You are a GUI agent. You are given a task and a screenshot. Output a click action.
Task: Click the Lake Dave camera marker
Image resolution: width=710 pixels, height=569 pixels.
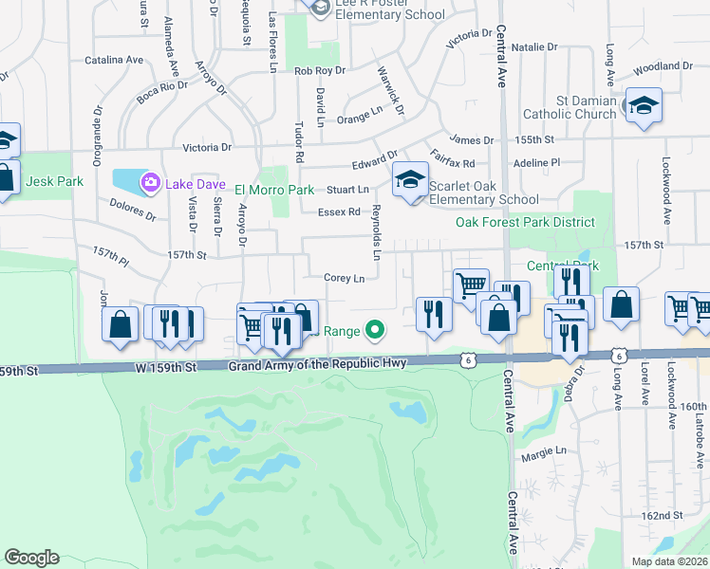[x=150, y=182]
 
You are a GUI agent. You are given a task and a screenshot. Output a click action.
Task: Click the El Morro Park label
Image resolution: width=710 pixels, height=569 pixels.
[x=276, y=190]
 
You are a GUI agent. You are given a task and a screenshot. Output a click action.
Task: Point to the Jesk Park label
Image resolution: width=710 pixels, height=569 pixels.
[x=55, y=181]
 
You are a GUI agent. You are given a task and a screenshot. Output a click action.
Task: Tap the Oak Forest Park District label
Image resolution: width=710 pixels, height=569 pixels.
[x=525, y=223]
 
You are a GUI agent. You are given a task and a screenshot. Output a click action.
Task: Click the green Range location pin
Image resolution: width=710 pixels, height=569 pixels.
[x=376, y=331]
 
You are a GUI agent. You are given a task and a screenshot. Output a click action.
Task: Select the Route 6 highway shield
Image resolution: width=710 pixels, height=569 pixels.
[x=467, y=359]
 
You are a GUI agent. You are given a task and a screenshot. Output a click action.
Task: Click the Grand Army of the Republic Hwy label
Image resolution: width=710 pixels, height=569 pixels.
[x=318, y=364]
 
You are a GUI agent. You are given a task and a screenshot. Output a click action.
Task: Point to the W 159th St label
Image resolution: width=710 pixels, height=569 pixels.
[x=165, y=366]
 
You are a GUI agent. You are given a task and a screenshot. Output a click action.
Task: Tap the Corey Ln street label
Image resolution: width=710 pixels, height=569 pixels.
[x=345, y=279]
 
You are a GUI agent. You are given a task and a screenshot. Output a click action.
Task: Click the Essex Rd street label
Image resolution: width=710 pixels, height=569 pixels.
[x=339, y=212]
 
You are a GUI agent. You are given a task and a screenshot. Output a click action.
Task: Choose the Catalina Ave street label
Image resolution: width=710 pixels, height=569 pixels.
[x=114, y=60]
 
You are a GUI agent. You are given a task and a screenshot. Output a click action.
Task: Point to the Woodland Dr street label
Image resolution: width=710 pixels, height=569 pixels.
[x=663, y=66]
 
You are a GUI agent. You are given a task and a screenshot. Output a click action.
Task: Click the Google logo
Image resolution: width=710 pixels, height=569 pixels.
[x=31, y=558]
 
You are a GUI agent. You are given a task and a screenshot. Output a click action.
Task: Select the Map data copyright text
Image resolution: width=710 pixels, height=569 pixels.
[x=669, y=561]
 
